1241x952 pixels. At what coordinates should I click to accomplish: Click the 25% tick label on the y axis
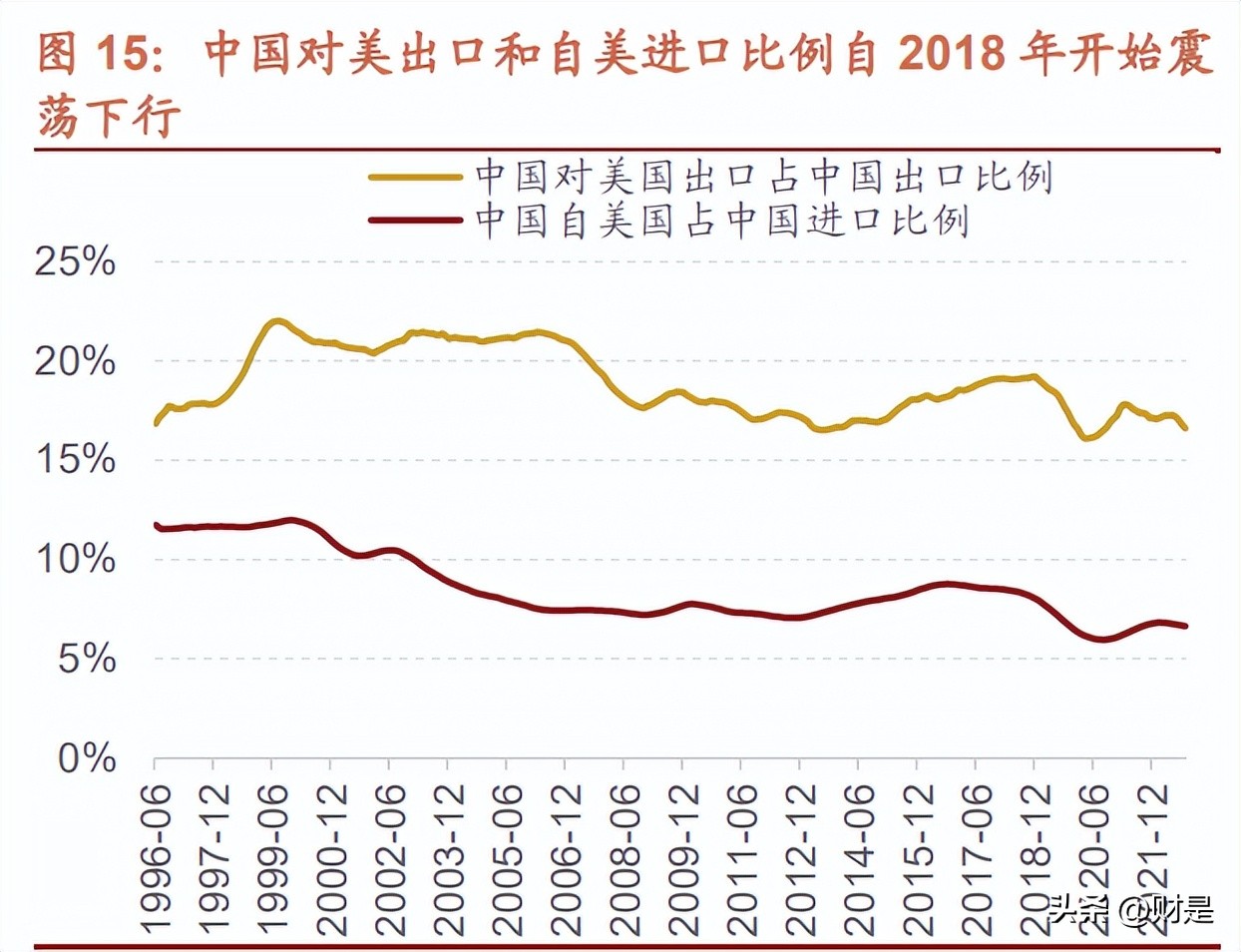coord(75,261)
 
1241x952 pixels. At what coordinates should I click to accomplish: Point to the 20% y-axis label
coord(75,361)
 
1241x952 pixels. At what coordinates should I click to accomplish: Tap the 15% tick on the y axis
coord(75,460)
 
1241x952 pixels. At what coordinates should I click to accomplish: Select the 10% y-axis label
coord(75,559)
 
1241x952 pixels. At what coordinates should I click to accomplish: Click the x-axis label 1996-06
coord(156,858)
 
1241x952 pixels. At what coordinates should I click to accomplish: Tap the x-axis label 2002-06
coord(390,858)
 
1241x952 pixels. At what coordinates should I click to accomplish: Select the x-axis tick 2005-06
coord(507,858)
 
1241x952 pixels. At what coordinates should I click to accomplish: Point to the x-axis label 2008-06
coord(624,858)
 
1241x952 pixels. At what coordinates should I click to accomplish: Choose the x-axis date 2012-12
coord(800,858)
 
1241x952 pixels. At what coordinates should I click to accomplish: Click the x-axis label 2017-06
coord(976,858)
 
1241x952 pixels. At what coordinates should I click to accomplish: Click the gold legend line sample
coord(415,178)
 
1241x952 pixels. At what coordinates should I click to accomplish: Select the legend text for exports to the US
coord(763,177)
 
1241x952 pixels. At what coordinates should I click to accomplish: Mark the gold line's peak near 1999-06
coord(277,321)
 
